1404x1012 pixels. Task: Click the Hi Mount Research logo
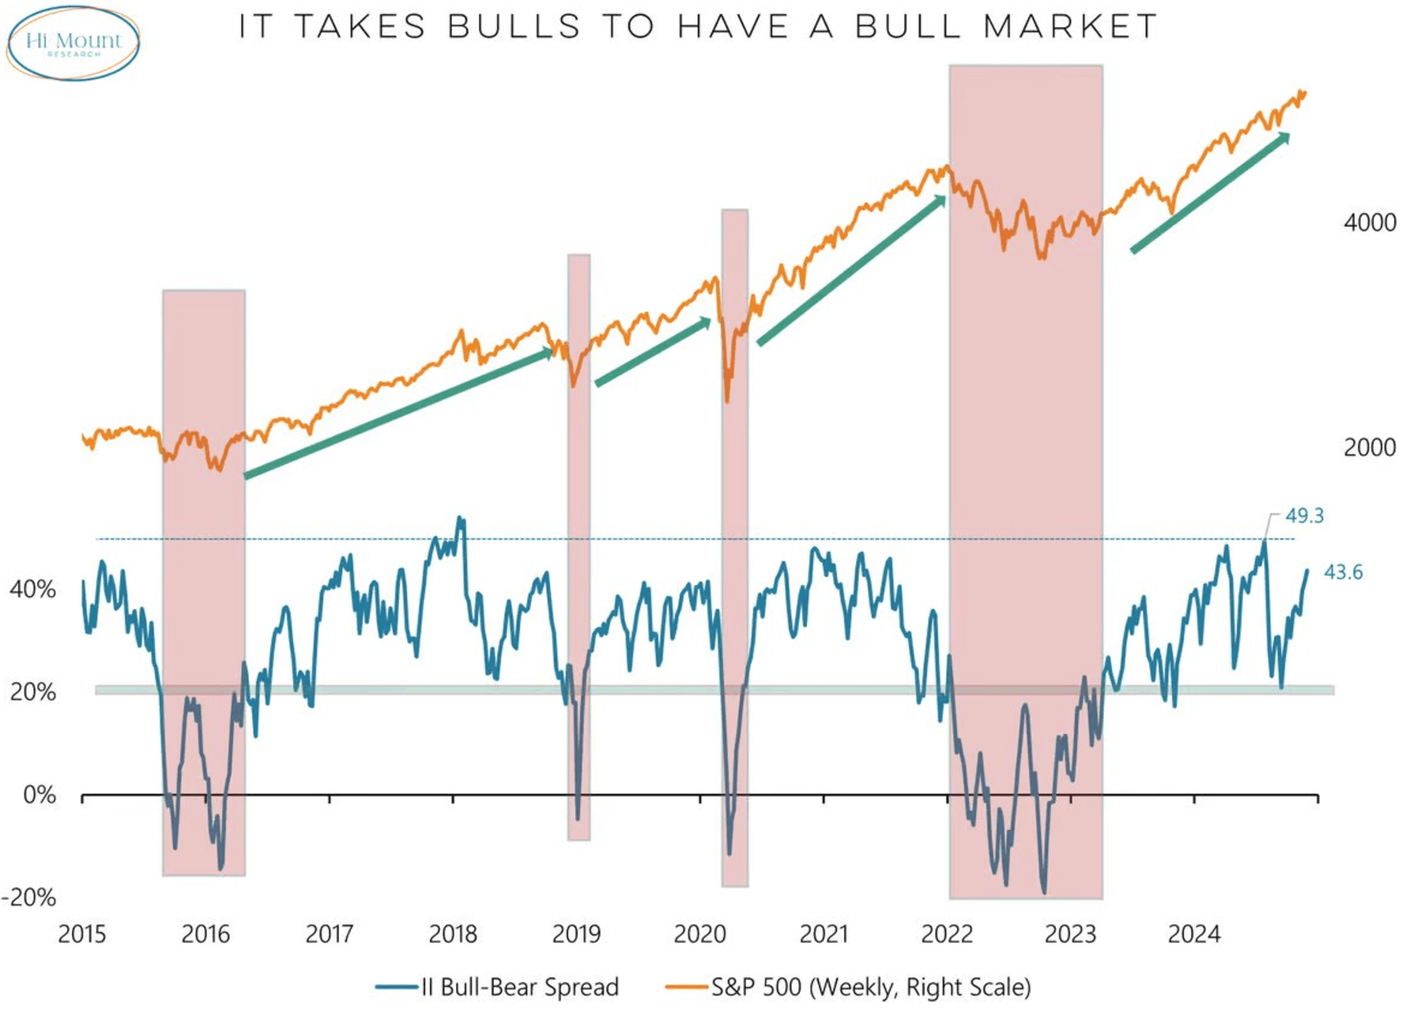pyautogui.click(x=73, y=43)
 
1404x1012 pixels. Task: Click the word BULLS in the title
pyautogui.click(x=514, y=27)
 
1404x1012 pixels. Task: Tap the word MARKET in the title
pyautogui.click(x=1070, y=27)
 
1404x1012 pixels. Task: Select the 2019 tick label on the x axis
pyautogui.click(x=576, y=934)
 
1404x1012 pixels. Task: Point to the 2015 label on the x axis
pyautogui.click(x=82, y=934)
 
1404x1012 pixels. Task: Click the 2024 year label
pyautogui.click(x=1193, y=934)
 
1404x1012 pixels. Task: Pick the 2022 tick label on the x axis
pyautogui.click(x=947, y=934)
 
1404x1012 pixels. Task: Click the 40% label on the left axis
pyautogui.click(x=32, y=589)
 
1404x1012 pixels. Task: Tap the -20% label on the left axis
pyautogui.click(x=29, y=897)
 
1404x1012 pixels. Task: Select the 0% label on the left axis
pyautogui.click(x=39, y=795)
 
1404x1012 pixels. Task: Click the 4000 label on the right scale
pyautogui.click(x=1369, y=222)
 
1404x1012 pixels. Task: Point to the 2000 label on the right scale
pyautogui.click(x=1369, y=447)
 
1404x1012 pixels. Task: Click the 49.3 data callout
pyautogui.click(x=1304, y=516)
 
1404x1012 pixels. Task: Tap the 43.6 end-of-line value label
pyautogui.click(x=1343, y=572)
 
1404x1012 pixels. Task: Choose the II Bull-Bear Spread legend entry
pyautogui.click(x=498, y=987)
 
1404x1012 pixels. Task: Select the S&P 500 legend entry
pyautogui.click(x=848, y=987)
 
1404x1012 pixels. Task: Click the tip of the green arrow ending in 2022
pyautogui.click(x=944, y=197)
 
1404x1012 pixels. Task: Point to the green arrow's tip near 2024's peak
pyautogui.click(x=1288, y=134)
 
